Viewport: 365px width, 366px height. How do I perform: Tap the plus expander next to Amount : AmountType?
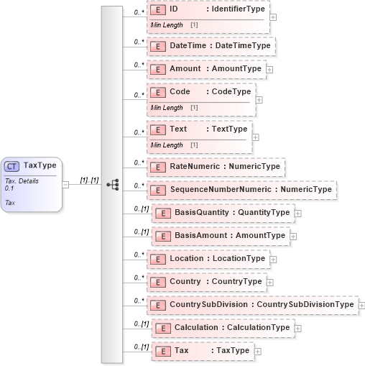click(269, 69)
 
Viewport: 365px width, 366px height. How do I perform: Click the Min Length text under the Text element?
click(166, 145)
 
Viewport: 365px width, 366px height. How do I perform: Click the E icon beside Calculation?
click(162, 328)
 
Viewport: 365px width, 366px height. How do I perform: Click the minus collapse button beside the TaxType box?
click(65, 183)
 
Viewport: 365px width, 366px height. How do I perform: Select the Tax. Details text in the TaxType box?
click(22, 181)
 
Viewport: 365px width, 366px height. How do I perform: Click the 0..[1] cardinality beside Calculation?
click(141, 324)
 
